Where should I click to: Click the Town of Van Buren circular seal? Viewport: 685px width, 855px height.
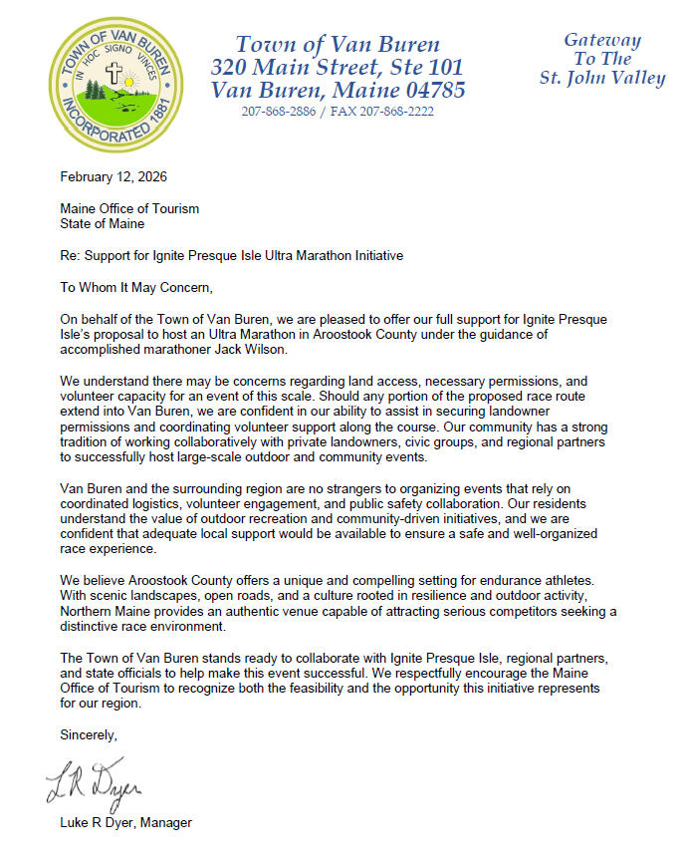(116, 86)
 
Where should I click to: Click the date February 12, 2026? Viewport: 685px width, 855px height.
(114, 177)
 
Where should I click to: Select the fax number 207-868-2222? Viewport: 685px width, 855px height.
(400, 112)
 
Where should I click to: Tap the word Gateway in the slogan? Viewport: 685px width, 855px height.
(602, 41)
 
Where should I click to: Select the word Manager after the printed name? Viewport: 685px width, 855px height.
(167, 823)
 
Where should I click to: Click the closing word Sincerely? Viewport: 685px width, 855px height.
(89, 735)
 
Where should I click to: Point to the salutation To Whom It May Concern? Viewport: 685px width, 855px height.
(136, 288)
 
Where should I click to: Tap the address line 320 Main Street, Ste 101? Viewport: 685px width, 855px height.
(337, 67)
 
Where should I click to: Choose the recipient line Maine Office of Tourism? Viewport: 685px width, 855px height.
(129, 208)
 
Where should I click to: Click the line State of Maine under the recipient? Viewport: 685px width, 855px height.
(103, 223)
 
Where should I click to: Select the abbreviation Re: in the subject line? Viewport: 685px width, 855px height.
(70, 256)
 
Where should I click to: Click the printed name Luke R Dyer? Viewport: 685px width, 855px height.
(98, 823)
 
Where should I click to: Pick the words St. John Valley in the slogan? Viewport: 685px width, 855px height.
(602, 79)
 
